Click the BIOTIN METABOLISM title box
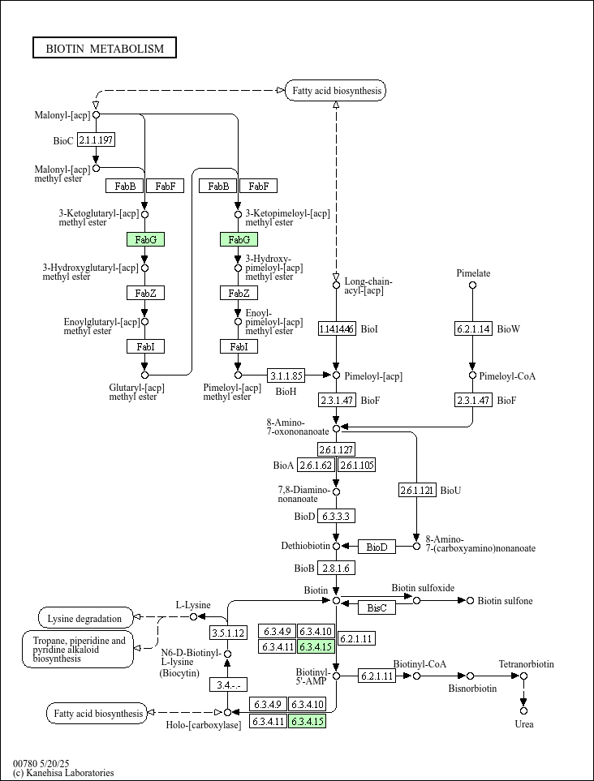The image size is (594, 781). point(105,48)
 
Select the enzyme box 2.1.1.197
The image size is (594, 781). point(97,140)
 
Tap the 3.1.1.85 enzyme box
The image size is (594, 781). point(286,375)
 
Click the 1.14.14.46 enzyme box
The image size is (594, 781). point(337,328)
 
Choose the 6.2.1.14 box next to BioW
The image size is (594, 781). point(473,328)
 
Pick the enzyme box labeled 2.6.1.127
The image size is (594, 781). point(337,449)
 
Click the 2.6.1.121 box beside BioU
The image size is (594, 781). point(417,490)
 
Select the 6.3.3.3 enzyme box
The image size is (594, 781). point(337,517)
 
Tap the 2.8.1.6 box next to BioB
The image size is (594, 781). point(337,568)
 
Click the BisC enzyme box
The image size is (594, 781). point(377,607)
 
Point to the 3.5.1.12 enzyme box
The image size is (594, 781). point(228,633)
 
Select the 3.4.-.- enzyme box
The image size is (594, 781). point(228,684)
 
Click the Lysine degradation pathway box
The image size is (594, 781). point(86,618)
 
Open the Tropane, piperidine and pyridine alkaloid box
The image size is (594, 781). point(78,650)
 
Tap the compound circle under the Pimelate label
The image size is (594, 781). point(473,285)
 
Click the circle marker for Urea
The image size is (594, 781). point(523,711)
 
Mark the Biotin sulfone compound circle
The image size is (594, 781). point(470,601)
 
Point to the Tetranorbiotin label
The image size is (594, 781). point(526,664)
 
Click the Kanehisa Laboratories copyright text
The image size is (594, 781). point(63,773)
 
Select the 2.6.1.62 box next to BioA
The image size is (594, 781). point(316,466)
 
